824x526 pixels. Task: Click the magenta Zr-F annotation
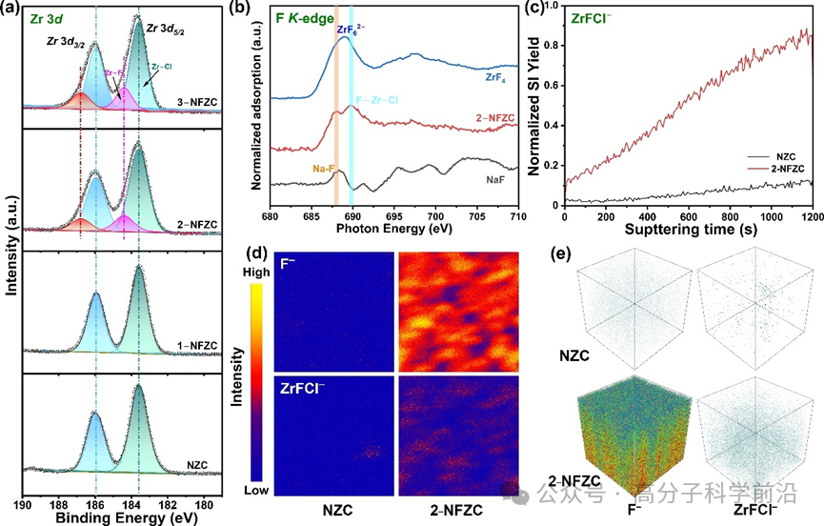(x=114, y=72)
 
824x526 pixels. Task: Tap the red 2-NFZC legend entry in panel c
(x=779, y=172)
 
